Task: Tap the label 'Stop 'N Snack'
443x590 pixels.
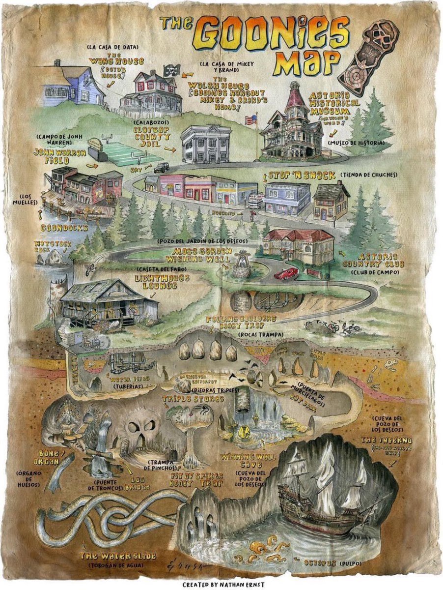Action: (x=302, y=176)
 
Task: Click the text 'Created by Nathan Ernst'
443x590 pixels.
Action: (x=221, y=585)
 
